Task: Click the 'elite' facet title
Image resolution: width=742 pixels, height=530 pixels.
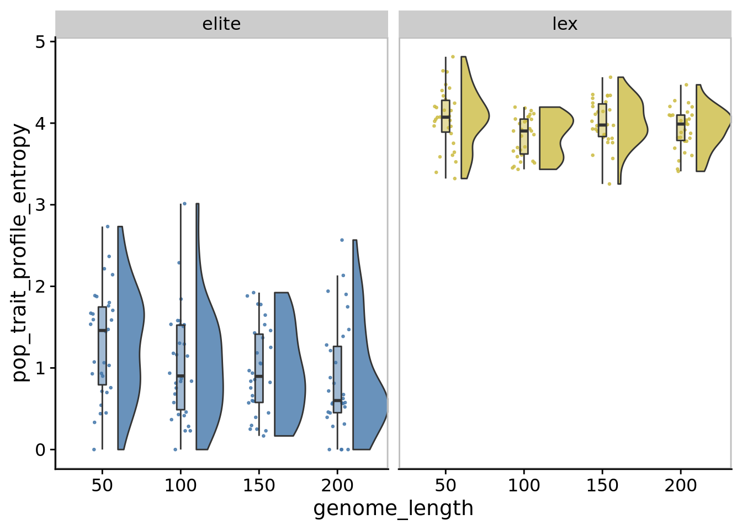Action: tap(221, 24)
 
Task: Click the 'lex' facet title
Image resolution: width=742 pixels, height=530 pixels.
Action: tap(565, 24)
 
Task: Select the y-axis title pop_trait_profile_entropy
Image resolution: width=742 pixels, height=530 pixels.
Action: tap(20, 252)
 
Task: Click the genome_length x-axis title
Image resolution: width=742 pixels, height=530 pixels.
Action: tap(393, 508)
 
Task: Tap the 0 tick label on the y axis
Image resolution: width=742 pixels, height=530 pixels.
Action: tap(40, 450)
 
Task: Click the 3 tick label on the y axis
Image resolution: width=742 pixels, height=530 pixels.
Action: tap(40, 205)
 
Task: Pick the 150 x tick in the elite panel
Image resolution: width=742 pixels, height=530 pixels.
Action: tap(259, 486)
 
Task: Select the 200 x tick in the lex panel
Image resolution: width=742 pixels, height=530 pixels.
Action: tap(680, 486)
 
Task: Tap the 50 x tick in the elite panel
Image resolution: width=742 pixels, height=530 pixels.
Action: tap(102, 486)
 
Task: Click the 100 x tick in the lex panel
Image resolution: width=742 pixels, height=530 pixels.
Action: tap(524, 486)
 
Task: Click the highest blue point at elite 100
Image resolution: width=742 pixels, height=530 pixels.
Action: tap(184, 204)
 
